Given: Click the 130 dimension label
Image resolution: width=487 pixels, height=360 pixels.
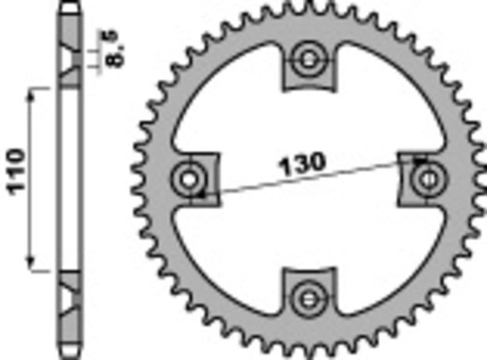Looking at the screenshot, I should (x=303, y=163).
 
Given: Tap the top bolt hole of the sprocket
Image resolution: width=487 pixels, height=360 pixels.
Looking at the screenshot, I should (x=309, y=59).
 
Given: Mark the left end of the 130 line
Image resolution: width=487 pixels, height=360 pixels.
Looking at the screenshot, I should (x=202, y=195).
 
